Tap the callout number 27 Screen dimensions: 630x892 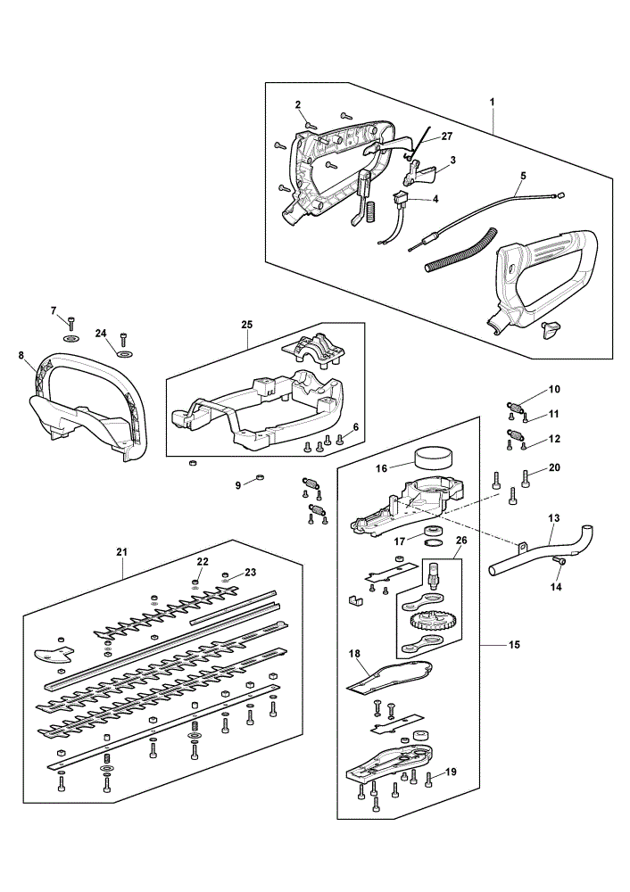pyautogui.click(x=447, y=136)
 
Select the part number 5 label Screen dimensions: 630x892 pyautogui.click(x=522, y=175)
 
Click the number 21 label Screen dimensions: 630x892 pyautogui.click(x=121, y=551)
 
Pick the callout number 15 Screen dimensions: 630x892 pyautogui.click(x=515, y=645)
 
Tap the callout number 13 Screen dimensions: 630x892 pyautogui.click(x=554, y=518)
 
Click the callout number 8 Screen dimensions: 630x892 pyautogui.click(x=21, y=356)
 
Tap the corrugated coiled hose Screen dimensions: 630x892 pyautogui.click(x=462, y=249)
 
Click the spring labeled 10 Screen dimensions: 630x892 pyautogui.click(x=515, y=407)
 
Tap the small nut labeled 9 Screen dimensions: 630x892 pyautogui.click(x=260, y=475)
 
